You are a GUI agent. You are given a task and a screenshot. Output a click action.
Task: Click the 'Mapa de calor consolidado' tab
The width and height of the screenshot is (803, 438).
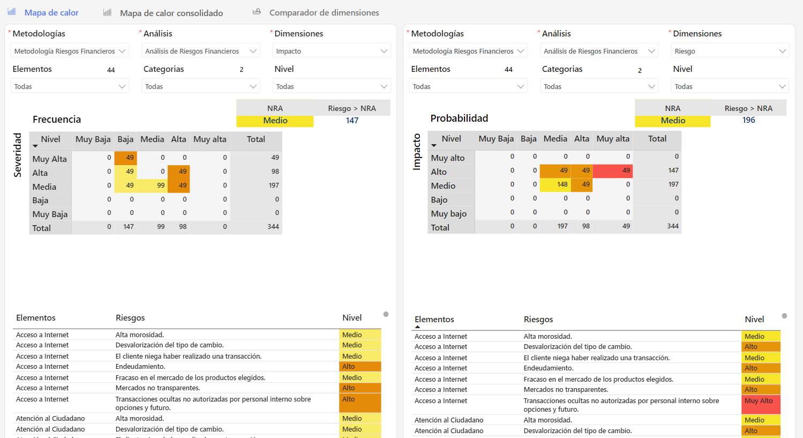click(x=171, y=13)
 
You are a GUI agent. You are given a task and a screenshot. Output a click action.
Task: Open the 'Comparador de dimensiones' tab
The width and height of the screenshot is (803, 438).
click(x=324, y=12)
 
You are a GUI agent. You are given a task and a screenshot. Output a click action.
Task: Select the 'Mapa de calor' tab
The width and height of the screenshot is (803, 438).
click(x=51, y=12)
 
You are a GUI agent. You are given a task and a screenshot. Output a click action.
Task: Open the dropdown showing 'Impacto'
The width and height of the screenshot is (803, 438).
click(x=331, y=51)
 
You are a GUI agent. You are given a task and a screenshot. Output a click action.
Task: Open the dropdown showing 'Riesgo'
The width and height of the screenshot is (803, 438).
click(x=730, y=51)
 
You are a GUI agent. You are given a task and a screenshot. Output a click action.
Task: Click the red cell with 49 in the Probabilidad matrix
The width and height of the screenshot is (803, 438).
click(x=613, y=170)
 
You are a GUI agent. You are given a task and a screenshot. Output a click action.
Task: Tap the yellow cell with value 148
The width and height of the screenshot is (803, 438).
click(x=555, y=184)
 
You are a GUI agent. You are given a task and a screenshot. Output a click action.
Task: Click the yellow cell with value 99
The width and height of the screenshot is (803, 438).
click(x=152, y=185)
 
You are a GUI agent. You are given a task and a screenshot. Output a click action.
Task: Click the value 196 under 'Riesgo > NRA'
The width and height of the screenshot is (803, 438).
click(x=748, y=120)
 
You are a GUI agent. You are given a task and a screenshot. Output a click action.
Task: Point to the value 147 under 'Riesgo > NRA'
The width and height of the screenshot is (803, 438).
click(x=352, y=121)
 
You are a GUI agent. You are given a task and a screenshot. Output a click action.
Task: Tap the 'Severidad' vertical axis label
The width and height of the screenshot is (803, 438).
click(x=18, y=155)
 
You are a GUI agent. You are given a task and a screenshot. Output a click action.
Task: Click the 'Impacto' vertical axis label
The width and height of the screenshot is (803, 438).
click(x=416, y=152)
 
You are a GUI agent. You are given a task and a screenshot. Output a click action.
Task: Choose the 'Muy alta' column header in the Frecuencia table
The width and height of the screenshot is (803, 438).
click(x=209, y=139)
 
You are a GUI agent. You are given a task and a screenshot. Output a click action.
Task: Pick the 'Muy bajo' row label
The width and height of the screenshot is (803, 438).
click(x=448, y=214)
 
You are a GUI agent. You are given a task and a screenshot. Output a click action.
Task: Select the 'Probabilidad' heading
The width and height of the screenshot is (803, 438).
click(x=459, y=118)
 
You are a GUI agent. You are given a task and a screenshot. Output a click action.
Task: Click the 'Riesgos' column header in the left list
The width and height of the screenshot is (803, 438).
click(x=130, y=318)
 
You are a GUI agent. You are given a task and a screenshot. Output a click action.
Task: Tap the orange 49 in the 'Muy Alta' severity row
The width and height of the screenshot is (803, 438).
click(x=126, y=158)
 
